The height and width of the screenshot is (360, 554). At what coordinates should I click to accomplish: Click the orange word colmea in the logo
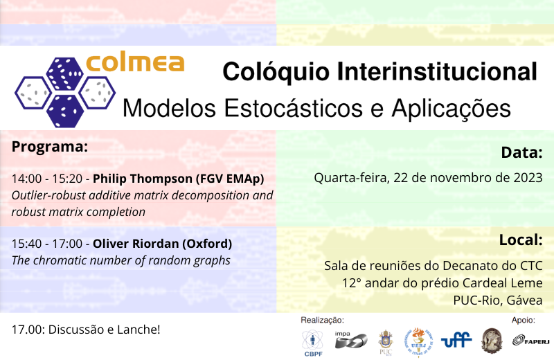[x=135, y=63]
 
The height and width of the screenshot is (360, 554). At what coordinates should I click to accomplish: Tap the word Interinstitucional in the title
[x=437, y=72]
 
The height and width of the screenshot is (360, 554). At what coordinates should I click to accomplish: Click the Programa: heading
[x=49, y=147]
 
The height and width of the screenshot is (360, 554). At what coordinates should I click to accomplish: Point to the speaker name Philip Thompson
[x=143, y=179]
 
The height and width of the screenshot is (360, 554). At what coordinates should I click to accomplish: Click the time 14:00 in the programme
[x=26, y=179]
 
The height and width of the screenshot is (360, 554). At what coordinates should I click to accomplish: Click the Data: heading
[x=521, y=152]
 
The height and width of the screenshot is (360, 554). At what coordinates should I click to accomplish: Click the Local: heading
[x=521, y=240]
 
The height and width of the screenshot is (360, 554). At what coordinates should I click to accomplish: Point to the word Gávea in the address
[x=524, y=300]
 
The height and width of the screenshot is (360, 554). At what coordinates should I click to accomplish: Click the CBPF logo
[x=313, y=343]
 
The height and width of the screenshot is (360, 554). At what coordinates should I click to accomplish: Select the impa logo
[x=350, y=339]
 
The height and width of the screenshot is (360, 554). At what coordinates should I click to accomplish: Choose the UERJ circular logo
[x=418, y=342]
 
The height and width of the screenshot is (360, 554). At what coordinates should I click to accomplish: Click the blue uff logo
[x=456, y=340]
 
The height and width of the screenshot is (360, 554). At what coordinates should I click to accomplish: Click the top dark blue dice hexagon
[x=64, y=73]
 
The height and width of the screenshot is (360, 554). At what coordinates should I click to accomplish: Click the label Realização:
[x=322, y=320]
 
